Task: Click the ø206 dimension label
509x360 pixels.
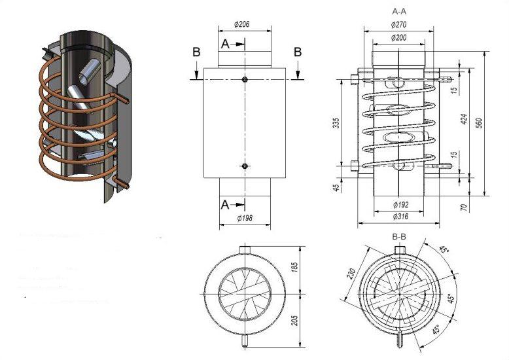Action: pos(243,25)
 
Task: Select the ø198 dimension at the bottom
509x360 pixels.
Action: pos(243,217)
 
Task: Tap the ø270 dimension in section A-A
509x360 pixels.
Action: pos(398,24)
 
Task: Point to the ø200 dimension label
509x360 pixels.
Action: pos(398,38)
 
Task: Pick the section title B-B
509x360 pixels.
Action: pos(398,234)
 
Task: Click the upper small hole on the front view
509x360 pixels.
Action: pos(244,80)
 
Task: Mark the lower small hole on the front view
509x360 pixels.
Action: pos(244,166)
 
